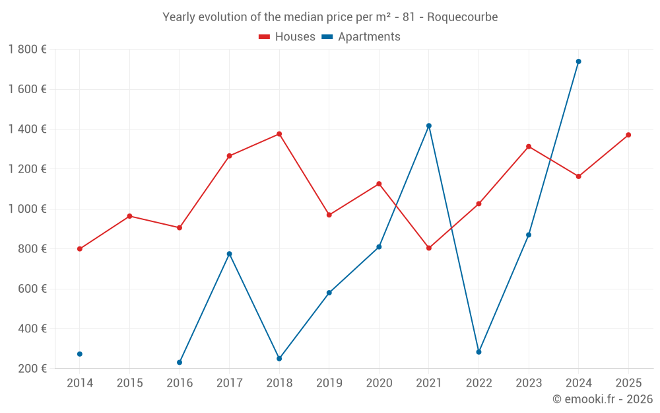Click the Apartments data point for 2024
(578, 61)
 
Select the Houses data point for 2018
(279, 134)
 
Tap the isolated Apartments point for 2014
(80, 354)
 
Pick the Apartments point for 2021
(429, 126)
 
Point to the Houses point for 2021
(429, 248)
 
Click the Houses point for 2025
(628, 135)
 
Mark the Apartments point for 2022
(478, 352)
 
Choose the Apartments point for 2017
(229, 254)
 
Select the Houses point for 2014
(80, 249)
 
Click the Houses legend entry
(287, 37)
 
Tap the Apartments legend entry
(361, 37)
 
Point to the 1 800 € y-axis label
(27, 50)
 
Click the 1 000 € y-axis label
(27, 209)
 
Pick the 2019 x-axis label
(329, 383)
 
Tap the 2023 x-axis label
(528, 383)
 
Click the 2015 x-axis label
(129, 383)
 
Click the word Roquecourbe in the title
(462, 17)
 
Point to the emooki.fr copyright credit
(602, 399)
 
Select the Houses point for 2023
(529, 147)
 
